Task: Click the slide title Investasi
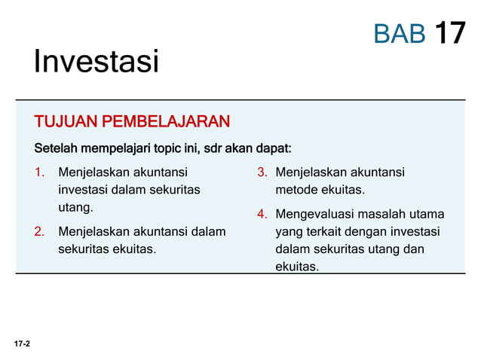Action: pos(96,62)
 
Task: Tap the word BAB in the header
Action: pos(400,33)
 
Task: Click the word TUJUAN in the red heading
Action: pos(66,122)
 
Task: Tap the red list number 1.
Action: pos(39,172)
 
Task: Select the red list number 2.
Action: pos(39,231)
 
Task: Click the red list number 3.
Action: pos(262,172)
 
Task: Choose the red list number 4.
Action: pos(262,214)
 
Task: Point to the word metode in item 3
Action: pos(296,190)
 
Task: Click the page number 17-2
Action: pos(22,343)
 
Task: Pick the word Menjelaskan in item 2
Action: pos(95,231)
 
